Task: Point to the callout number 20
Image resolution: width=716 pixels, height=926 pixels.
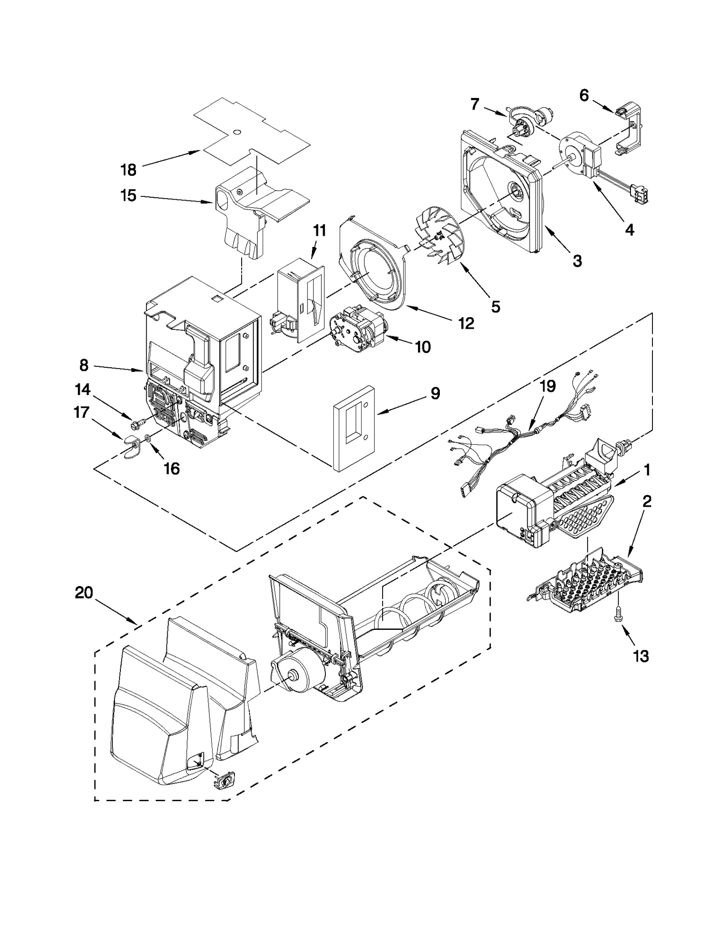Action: (84, 593)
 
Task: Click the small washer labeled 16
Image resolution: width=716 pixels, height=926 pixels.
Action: (148, 438)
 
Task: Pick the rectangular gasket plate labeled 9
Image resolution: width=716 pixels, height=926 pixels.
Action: (353, 428)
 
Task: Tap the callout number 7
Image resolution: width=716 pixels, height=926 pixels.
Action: (475, 104)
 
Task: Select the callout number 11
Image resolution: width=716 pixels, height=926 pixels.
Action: (319, 231)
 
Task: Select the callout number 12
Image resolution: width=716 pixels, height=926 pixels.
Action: (466, 323)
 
